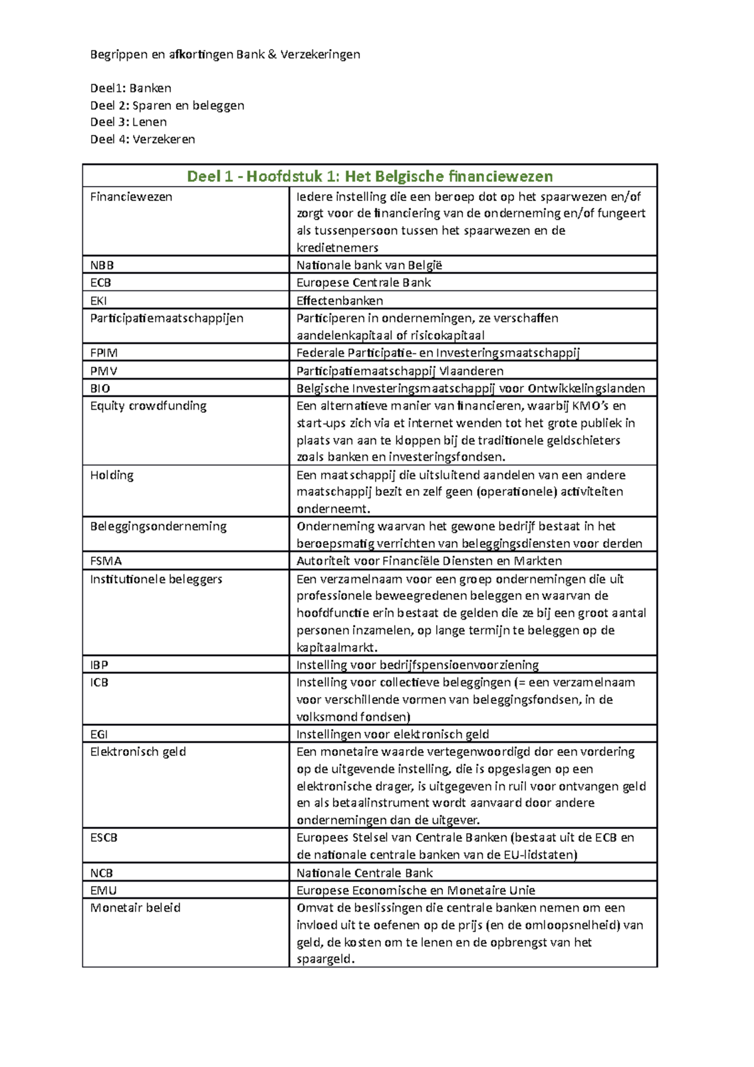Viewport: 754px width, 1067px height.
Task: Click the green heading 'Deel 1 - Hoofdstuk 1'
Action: [x=369, y=176]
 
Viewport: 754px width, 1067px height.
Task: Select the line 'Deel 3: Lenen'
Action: [x=128, y=122]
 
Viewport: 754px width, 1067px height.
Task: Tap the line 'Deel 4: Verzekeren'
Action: [x=143, y=139]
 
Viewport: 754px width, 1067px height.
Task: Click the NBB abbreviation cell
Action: [x=102, y=265]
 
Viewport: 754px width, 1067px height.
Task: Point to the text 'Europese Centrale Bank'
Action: [x=363, y=283]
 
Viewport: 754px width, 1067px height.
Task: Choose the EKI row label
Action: [x=99, y=300]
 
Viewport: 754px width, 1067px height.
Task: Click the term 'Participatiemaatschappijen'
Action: [x=167, y=318]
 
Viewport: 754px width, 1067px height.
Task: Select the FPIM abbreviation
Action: [x=104, y=353]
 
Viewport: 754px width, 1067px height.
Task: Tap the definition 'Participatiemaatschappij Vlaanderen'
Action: [x=400, y=371]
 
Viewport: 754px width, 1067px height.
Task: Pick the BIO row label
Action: [x=100, y=388]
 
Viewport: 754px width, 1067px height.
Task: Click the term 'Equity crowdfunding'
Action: [x=148, y=406]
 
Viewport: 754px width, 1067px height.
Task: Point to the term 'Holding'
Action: [x=112, y=475]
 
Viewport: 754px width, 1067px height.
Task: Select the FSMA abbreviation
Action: [x=106, y=561]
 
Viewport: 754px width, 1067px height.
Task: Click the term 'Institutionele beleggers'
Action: [x=156, y=579]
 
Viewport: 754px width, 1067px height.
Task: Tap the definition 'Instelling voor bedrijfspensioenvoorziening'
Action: [x=417, y=665]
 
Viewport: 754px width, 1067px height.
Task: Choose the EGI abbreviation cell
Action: [x=99, y=734]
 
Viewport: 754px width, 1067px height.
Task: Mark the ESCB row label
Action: [x=104, y=838]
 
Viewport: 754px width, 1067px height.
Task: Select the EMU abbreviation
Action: [x=103, y=890]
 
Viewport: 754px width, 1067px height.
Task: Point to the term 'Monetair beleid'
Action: [x=135, y=908]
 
